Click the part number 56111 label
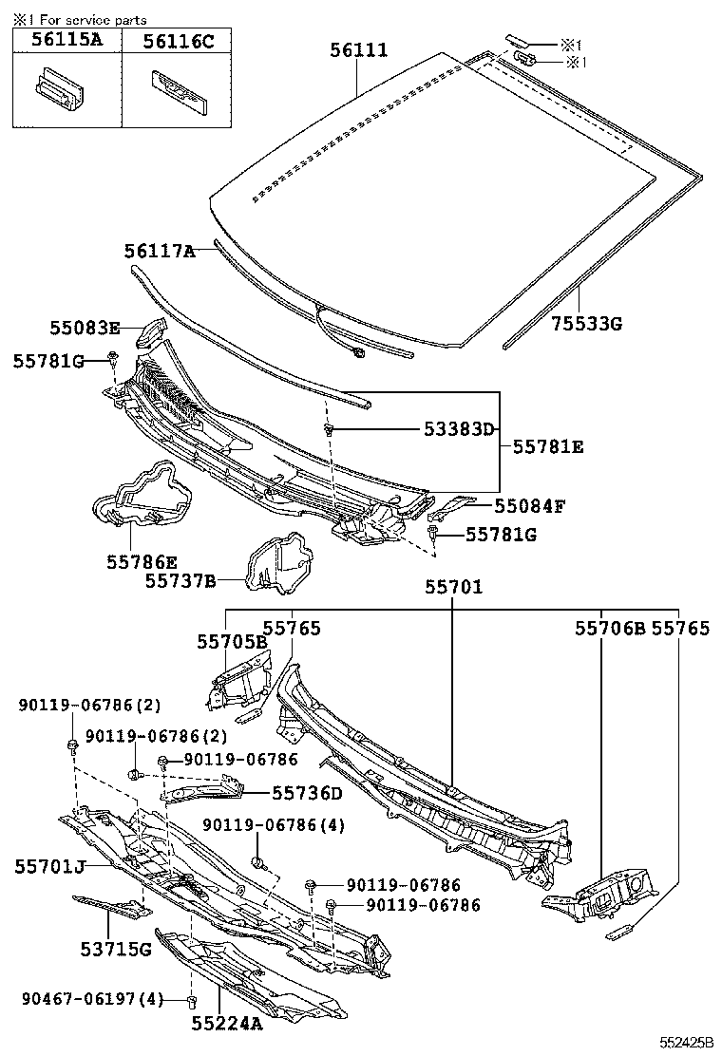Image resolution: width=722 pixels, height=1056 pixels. coord(359,50)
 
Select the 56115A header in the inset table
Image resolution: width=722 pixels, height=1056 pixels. coord(66,41)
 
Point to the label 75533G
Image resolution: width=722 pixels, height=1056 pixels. coord(586,324)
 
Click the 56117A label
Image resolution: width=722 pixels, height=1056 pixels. coord(159,251)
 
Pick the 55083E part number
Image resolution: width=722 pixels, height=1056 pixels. coord(85,329)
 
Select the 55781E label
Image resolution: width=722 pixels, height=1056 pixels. coord(548,445)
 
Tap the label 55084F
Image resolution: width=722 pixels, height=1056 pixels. coord(529,505)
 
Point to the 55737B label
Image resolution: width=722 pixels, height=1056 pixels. coord(180,579)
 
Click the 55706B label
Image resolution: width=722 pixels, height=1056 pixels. coord(609,629)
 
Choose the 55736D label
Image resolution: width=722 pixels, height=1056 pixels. coord(307,792)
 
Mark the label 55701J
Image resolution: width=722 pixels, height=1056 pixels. coord(50,865)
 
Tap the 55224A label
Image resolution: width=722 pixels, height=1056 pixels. coord(226,1024)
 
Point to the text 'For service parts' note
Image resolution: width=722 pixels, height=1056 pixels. coord(87,17)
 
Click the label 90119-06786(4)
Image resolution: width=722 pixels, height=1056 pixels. coord(274,825)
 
